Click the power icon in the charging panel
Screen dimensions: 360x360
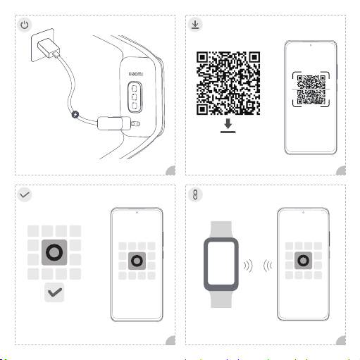coord(25,25)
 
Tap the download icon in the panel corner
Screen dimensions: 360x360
coord(195,25)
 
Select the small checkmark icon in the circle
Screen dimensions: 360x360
coord(25,194)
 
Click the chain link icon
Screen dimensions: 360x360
coord(195,194)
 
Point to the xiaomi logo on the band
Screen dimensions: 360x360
coord(136,74)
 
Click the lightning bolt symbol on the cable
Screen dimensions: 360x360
coord(75,115)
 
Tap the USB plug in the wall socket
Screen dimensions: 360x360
coord(49,48)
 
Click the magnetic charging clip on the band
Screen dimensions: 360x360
coord(114,123)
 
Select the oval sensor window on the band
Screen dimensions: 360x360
coord(135,97)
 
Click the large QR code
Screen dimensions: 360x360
coord(228,83)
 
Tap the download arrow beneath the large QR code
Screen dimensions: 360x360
coord(228,126)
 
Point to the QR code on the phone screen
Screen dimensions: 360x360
coord(311,89)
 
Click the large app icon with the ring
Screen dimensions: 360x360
coord(54,252)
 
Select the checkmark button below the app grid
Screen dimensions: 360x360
coord(54,292)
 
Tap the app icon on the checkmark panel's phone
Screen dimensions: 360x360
coord(137,261)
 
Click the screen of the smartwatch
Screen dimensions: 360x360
coord(221,263)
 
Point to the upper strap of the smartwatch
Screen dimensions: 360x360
coord(221,230)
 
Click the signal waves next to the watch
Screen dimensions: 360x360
coord(248,266)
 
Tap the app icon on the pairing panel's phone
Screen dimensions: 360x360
coord(303,261)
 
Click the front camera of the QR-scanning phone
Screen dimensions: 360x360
coord(311,45)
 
